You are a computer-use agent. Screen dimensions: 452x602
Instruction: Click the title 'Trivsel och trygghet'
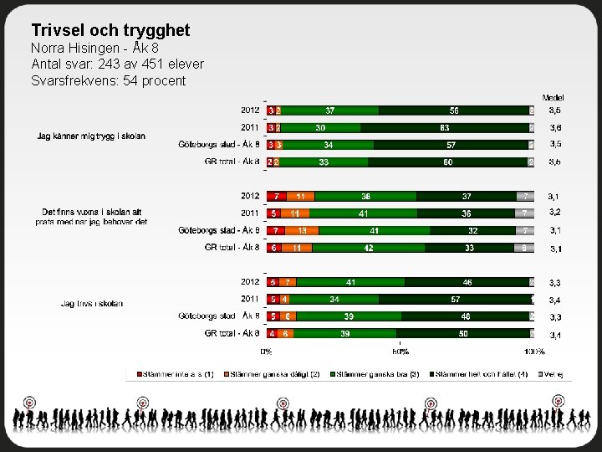coord(110,30)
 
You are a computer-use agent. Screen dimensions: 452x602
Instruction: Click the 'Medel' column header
coord(554,98)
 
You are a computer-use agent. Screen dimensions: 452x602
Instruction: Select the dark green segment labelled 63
coord(444,127)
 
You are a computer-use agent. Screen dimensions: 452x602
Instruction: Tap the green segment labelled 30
coord(321,127)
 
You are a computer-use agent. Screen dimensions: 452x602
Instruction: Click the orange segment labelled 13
coord(302,230)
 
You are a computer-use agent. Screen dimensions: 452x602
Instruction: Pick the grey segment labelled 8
coord(524,248)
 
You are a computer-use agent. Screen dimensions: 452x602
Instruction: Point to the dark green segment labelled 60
coord(448,162)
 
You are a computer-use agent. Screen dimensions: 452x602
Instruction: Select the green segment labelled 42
coord(369,248)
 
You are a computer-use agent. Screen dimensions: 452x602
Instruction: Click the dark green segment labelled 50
coord(463,333)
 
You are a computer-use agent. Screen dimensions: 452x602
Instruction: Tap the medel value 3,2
coord(554,213)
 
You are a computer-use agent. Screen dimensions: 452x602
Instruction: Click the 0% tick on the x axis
coord(266,352)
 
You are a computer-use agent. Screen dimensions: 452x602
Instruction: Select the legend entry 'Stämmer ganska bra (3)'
coord(375,374)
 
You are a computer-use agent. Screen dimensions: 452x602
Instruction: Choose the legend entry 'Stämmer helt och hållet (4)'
coord(480,374)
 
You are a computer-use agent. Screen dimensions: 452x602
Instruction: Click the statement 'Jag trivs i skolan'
coord(91,303)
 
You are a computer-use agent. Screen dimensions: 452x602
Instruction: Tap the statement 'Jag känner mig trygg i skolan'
coord(91,136)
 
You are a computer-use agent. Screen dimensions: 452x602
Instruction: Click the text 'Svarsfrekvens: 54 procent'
coord(109,80)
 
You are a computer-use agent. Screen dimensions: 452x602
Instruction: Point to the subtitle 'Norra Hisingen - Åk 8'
coord(94,48)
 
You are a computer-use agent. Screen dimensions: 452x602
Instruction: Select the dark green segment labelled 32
coord(472,230)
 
